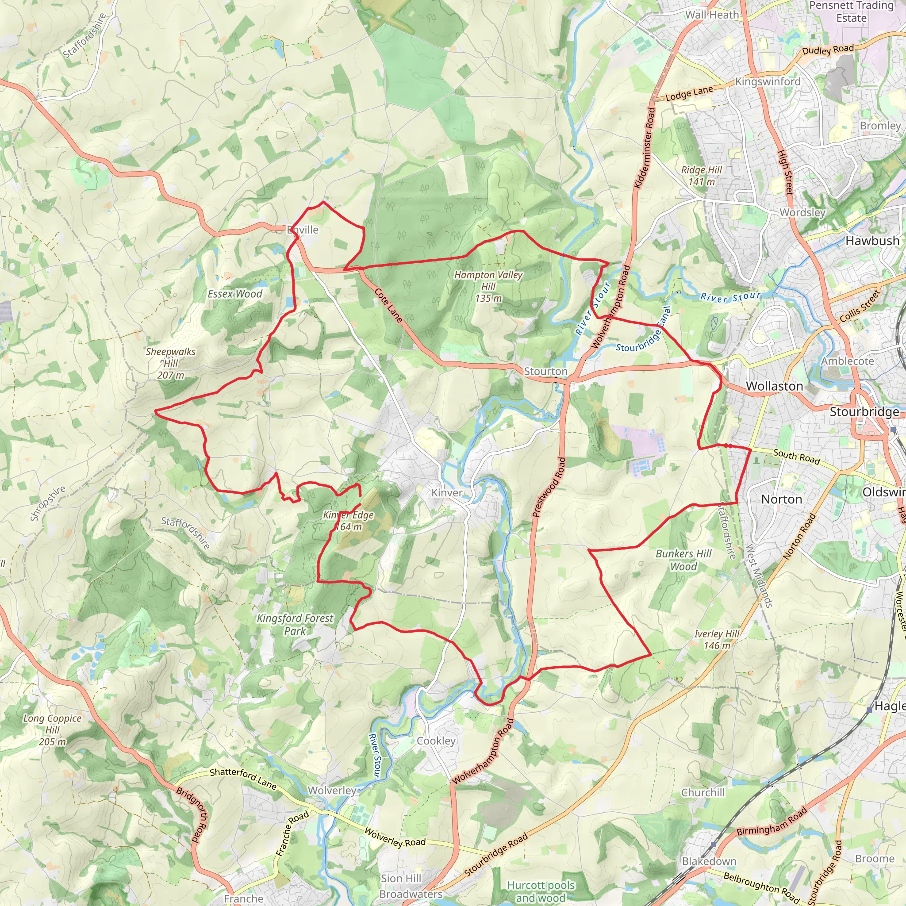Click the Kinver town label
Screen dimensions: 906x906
446,492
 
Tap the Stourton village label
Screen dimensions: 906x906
545,372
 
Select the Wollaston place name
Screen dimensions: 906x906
774,386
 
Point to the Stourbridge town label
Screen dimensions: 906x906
864,412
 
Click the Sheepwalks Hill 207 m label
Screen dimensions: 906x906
171,363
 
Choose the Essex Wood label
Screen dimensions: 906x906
235,294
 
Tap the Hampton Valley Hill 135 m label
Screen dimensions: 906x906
488,286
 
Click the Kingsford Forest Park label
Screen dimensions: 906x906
295,625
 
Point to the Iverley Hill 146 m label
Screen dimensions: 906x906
717,640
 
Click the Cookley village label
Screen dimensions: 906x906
436,741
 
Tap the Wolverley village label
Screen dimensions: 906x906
332,790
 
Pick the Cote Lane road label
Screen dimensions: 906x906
388,305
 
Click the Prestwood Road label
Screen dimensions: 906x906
549,487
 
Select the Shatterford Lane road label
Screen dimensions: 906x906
243,778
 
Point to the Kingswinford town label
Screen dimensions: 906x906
768,81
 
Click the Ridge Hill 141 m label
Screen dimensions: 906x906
702,175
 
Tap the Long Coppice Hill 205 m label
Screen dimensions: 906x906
53,729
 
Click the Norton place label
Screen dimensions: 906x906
782,499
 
